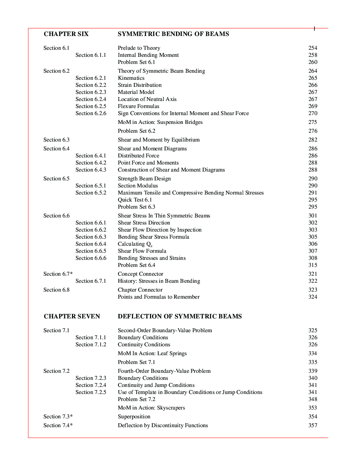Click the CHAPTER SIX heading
pyautogui.click(x=66, y=34)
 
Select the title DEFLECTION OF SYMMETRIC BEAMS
pyautogui.click(x=180, y=316)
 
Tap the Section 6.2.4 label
pyautogui.click(x=91, y=99)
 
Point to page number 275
pyautogui.click(x=313, y=122)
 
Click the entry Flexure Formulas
pyautogui.click(x=138, y=106)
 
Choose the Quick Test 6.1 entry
pyautogui.click(x=135, y=200)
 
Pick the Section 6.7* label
pyautogui.click(x=58, y=274)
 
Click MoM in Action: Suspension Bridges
pyautogui.click(x=160, y=122)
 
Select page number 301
pyautogui.click(x=313, y=216)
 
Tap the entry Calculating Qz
pyautogui.click(x=135, y=244)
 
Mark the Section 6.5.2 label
pyautogui.click(x=91, y=193)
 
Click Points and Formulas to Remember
pyautogui.click(x=158, y=297)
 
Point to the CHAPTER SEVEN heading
pyautogui.click(x=72, y=316)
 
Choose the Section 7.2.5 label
pyautogui.click(x=91, y=392)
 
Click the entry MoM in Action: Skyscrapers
pyautogui.click(x=151, y=408)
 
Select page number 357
pyautogui.click(x=313, y=425)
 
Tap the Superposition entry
pyautogui.click(x=134, y=417)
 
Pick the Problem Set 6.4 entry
pyautogui.click(x=136, y=265)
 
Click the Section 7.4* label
pyautogui.click(x=58, y=425)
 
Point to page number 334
pyautogui.click(x=313, y=353)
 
